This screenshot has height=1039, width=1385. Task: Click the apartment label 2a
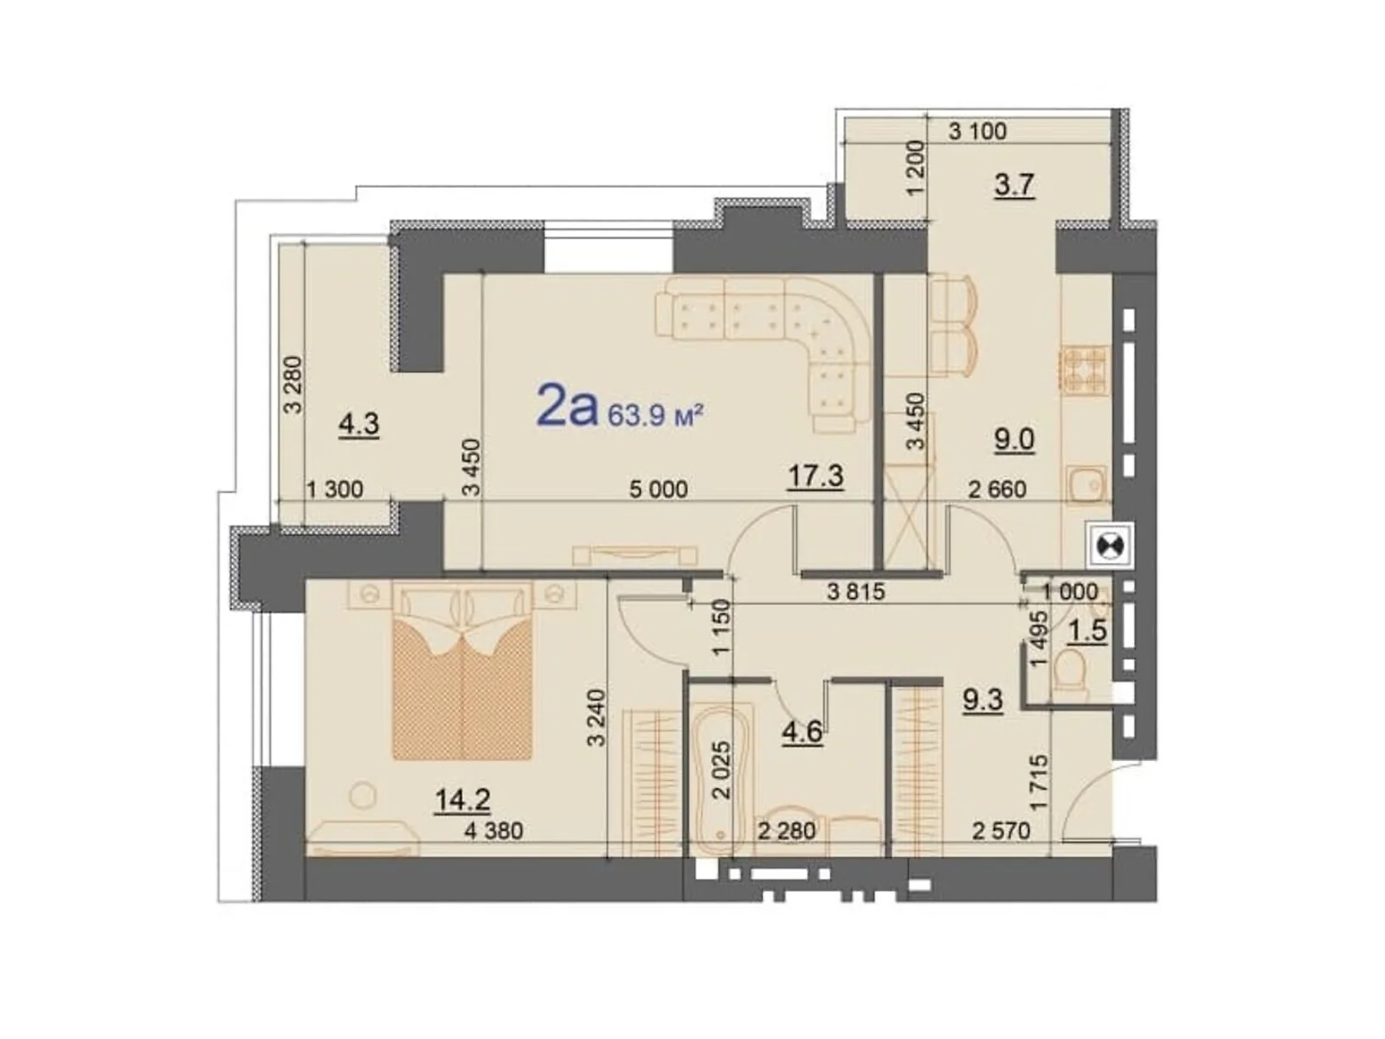(x=567, y=407)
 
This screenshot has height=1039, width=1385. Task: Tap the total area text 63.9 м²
(x=654, y=416)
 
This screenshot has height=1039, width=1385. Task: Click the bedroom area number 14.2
(x=462, y=799)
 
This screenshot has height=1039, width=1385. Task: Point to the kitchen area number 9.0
(x=1014, y=439)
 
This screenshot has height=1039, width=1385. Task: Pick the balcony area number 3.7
(x=1014, y=184)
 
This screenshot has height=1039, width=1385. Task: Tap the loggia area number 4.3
(x=358, y=425)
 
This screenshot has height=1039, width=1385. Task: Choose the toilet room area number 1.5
(x=1087, y=630)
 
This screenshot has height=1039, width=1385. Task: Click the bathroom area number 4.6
(x=802, y=732)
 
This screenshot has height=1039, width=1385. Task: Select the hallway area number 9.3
(x=982, y=698)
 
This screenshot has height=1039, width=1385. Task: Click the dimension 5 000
(x=658, y=490)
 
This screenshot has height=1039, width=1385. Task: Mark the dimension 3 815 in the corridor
(x=855, y=592)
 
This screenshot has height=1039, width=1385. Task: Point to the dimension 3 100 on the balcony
(x=977, y=132)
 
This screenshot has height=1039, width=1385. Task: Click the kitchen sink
(x=1085, y=484)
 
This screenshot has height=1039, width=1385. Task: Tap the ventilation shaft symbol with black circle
(x=1109, y=546)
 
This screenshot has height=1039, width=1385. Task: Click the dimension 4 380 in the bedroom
(x=493, y=831)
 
